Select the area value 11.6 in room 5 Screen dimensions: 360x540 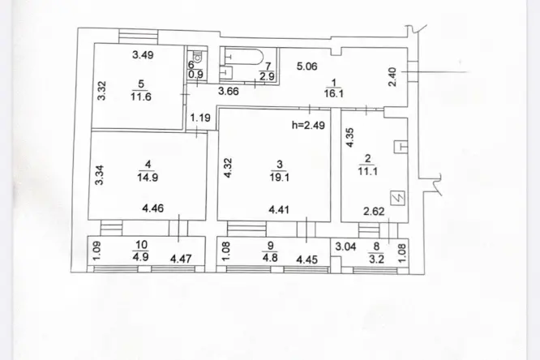coord(143,96)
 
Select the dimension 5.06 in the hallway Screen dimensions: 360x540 coord(306,67)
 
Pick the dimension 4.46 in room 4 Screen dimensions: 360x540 coord(154,208)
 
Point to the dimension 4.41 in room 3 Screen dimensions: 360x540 coord(280,208)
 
